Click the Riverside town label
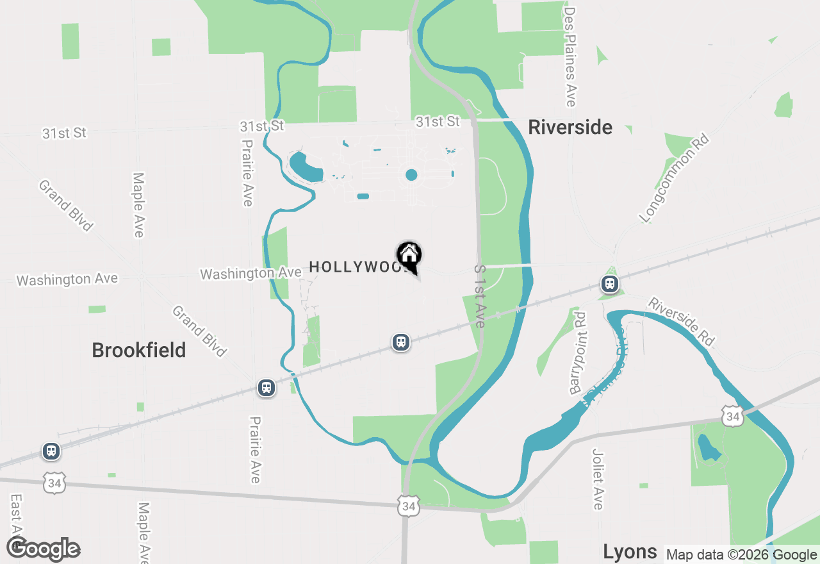pyautogui.click(x=570, y=128)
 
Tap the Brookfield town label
pyautogui.click(x=139, y=351)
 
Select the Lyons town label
pyautogui.click(x=630, y=551)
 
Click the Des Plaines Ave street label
pyautogui.click(x=570, y=56)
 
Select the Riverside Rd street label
pyautogui.click(x=681, y=322)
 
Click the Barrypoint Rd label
pyautogui.click(x=577, y=352)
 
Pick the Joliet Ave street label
pyautogui.click(x=598, y=479)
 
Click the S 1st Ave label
pyautogui.click(x=480, y=296)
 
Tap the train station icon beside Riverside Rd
pyautogui.click(x=609, y=283)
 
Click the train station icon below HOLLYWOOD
pyautogui.click(x=401, y=342)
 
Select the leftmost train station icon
pyautogui.click(x=51, y=451)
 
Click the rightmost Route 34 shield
pyautogui.click(x=733, y=417)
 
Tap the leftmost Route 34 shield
pyautogui.click(x=54, y=483)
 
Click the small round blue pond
pyautogui.click(x=411, y=175)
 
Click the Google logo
pyautogui.click(x=44, y=549)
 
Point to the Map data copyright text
pyautogui.click(x=741, y=555)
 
